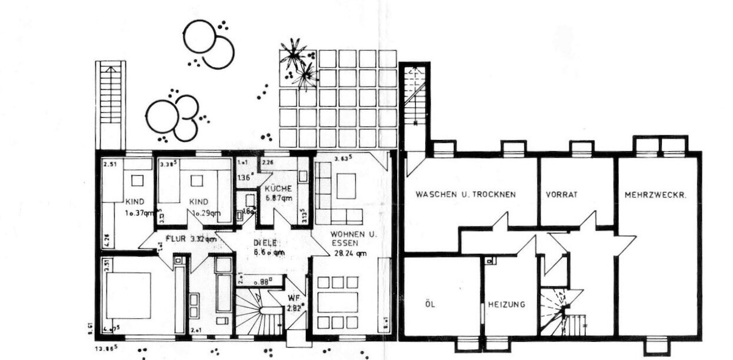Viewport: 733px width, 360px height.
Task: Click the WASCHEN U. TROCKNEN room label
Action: click(465, 194)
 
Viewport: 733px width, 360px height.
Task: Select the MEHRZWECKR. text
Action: click(655, 194)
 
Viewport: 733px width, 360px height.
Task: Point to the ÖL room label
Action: click(429, 305)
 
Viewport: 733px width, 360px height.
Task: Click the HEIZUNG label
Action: click(506, 305)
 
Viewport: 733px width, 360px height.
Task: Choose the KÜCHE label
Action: click(278, 189)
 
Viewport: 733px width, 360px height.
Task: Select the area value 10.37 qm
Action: click(139, 213)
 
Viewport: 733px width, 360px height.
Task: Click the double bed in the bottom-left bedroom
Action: click(128, 295)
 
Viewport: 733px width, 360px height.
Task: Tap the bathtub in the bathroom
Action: click(224, 292)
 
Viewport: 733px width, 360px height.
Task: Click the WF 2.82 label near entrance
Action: click(293, 302)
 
